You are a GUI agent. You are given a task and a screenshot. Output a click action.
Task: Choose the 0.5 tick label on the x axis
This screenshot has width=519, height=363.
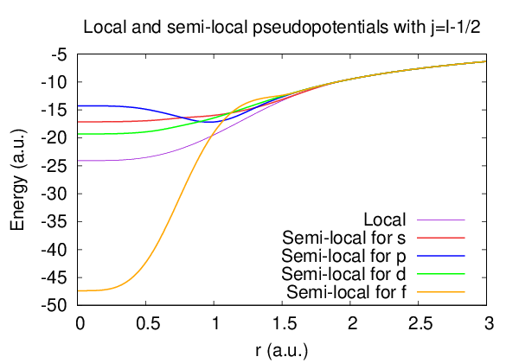click(148, 323)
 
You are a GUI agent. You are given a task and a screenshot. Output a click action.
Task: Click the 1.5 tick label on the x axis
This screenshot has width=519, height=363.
click(284, 323)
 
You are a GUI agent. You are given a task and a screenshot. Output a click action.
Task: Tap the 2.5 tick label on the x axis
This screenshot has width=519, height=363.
click(420, 323)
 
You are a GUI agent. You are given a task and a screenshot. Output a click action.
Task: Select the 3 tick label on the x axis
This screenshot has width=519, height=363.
click(488, 323)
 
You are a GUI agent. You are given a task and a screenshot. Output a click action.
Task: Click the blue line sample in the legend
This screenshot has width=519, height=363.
click(441, 256)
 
